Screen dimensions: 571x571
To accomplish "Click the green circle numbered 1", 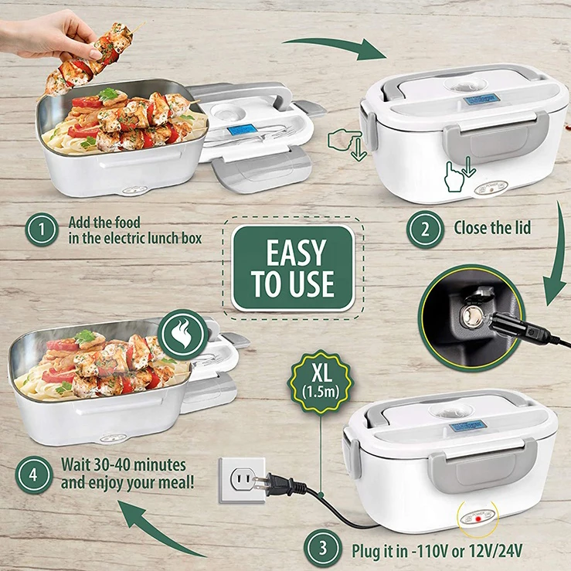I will pos(43,229).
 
